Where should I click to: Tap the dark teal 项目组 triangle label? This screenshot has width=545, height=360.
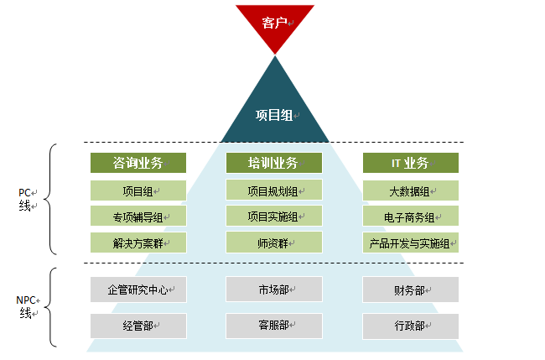coord(274,115)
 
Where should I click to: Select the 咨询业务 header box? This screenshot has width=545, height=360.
coord(138,163)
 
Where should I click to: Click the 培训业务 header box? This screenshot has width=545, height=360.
coord(274,163)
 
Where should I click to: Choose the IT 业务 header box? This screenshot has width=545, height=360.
coord(411,163)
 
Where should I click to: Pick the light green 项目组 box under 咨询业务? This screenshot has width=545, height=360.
coord(138,190)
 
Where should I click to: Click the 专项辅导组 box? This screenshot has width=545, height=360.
coord(138,216)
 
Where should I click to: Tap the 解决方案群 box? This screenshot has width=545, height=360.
coord(138,243)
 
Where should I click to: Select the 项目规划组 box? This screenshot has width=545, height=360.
coord(274,190)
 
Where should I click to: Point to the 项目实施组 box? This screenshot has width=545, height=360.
coord(274,216)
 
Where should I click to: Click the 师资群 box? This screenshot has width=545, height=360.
coord(274,243)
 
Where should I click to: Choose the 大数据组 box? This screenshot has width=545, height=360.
coord(411,190)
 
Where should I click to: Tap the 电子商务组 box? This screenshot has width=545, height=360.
coord(411,216)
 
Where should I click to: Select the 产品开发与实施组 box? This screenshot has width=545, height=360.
coord(411,243)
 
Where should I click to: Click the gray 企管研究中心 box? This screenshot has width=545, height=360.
coord(138,290)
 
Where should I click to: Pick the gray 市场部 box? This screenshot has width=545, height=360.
coord(274,290)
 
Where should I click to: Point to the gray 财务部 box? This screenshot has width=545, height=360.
coord(411,290)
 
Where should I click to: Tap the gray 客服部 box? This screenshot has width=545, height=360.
coord(274,326)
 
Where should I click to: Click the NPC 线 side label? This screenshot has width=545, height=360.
coord(28,307)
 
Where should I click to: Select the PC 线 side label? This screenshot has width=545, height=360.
coord(28,200)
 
